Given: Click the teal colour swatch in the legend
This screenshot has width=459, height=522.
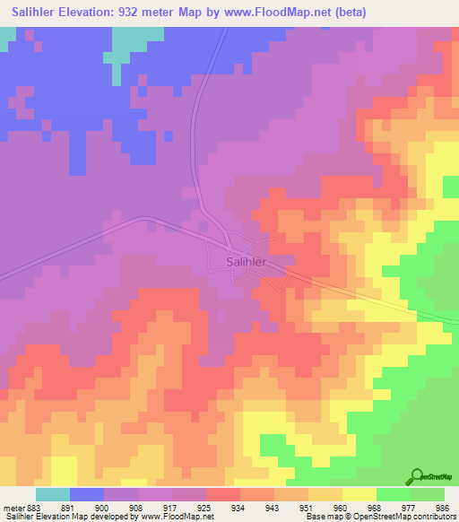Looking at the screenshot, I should click(x=53, y=494).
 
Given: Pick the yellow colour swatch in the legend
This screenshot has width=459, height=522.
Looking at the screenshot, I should click(x=359, y=494).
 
